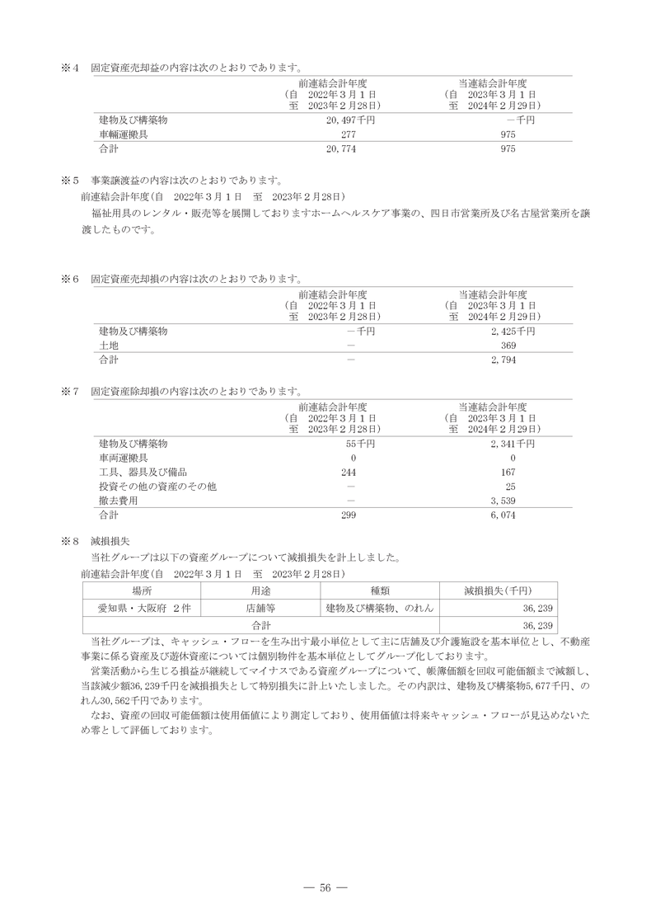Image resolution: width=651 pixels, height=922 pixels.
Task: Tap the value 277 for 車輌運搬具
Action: (x=347, y=134)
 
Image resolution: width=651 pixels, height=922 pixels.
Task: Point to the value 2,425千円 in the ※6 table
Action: (x=512, y=331)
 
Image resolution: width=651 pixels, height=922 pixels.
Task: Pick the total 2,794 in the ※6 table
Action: (x=503, y=360)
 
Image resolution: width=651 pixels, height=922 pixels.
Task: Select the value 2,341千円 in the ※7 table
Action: (x=512, y=444)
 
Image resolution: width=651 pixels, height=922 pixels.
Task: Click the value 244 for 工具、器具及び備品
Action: (x=347, y=472)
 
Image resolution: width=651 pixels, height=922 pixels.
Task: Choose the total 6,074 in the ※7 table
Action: (x=503, y=515)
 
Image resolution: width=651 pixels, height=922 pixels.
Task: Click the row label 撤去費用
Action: (x=118, y=501)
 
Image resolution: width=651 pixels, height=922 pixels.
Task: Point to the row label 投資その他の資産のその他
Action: (x=157, y=487)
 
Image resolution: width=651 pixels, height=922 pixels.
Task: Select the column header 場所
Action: (x=142, y=590)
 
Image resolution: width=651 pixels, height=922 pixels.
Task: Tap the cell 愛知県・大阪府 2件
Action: (x=142, y=608)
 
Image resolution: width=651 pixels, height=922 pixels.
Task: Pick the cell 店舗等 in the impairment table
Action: (x=260, y=608)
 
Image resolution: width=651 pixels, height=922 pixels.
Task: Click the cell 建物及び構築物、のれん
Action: (x=380, y=608)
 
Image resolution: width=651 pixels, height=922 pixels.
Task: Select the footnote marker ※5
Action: (x=69, y=179)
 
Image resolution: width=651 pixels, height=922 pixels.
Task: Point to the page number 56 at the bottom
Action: (x=325, y=887)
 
